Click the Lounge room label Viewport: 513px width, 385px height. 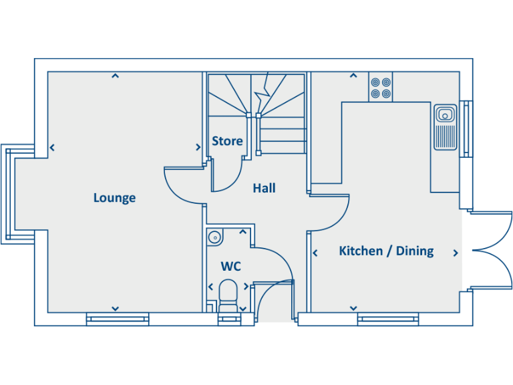114,198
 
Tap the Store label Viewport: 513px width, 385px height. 227,141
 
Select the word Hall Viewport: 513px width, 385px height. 264,188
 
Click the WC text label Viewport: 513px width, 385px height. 230,267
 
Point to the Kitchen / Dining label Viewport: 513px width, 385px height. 386,251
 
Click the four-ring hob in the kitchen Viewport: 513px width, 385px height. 381,88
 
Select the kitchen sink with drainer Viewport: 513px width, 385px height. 444,126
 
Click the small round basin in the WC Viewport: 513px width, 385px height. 214,237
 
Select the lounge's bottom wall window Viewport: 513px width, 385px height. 118,319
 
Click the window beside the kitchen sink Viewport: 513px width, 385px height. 466,128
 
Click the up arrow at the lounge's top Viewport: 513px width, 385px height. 115,76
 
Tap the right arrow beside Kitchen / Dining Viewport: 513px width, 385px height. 456,253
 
